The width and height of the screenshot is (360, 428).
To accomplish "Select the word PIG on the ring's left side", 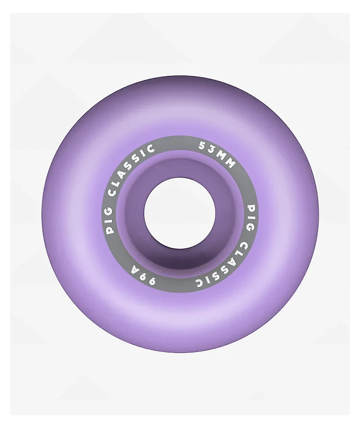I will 110,222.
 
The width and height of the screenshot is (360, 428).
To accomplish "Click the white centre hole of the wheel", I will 180,213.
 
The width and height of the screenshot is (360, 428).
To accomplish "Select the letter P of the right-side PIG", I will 251,208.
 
